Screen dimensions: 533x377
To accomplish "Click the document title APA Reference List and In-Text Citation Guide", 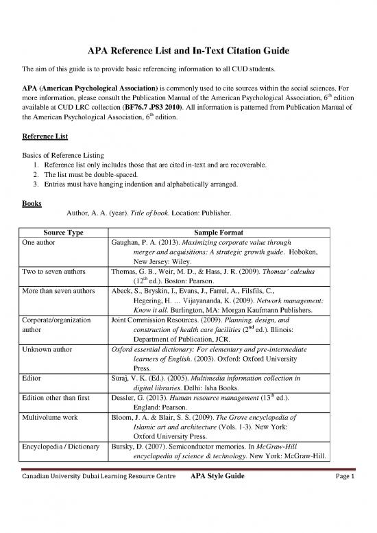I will coord(188,51).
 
